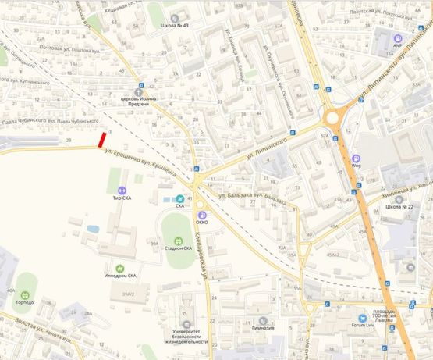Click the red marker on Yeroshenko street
102,140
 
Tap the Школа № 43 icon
174,16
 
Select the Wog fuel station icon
357,158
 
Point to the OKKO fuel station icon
203,215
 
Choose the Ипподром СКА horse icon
120,268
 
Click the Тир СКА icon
122,191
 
